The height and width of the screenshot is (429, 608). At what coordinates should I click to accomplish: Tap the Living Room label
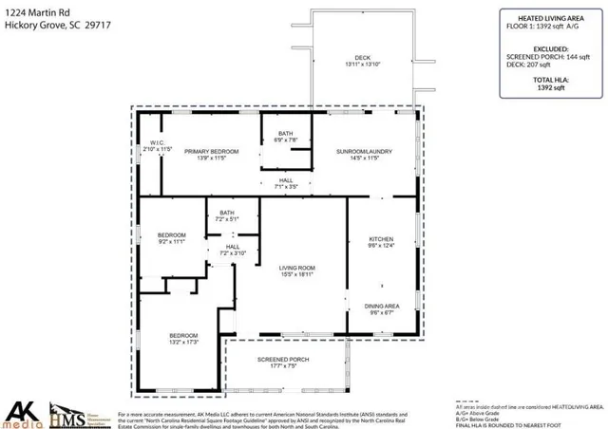tap(296, 269)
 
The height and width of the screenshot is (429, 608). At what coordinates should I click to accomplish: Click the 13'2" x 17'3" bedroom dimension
tap(183, 343)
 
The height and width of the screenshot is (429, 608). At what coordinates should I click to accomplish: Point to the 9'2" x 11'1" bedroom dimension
tap(171, 241)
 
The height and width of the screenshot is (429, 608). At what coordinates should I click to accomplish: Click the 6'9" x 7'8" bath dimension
tap(286, 140)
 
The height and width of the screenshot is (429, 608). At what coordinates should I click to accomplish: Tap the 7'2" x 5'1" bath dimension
tap(226, 219)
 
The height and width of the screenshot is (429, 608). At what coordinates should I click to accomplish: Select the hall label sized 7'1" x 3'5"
tap(286, 187)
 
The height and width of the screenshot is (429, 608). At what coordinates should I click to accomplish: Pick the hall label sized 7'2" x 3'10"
tap(233, 253)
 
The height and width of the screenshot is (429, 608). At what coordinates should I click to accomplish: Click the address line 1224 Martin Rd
tap(40, 12)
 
